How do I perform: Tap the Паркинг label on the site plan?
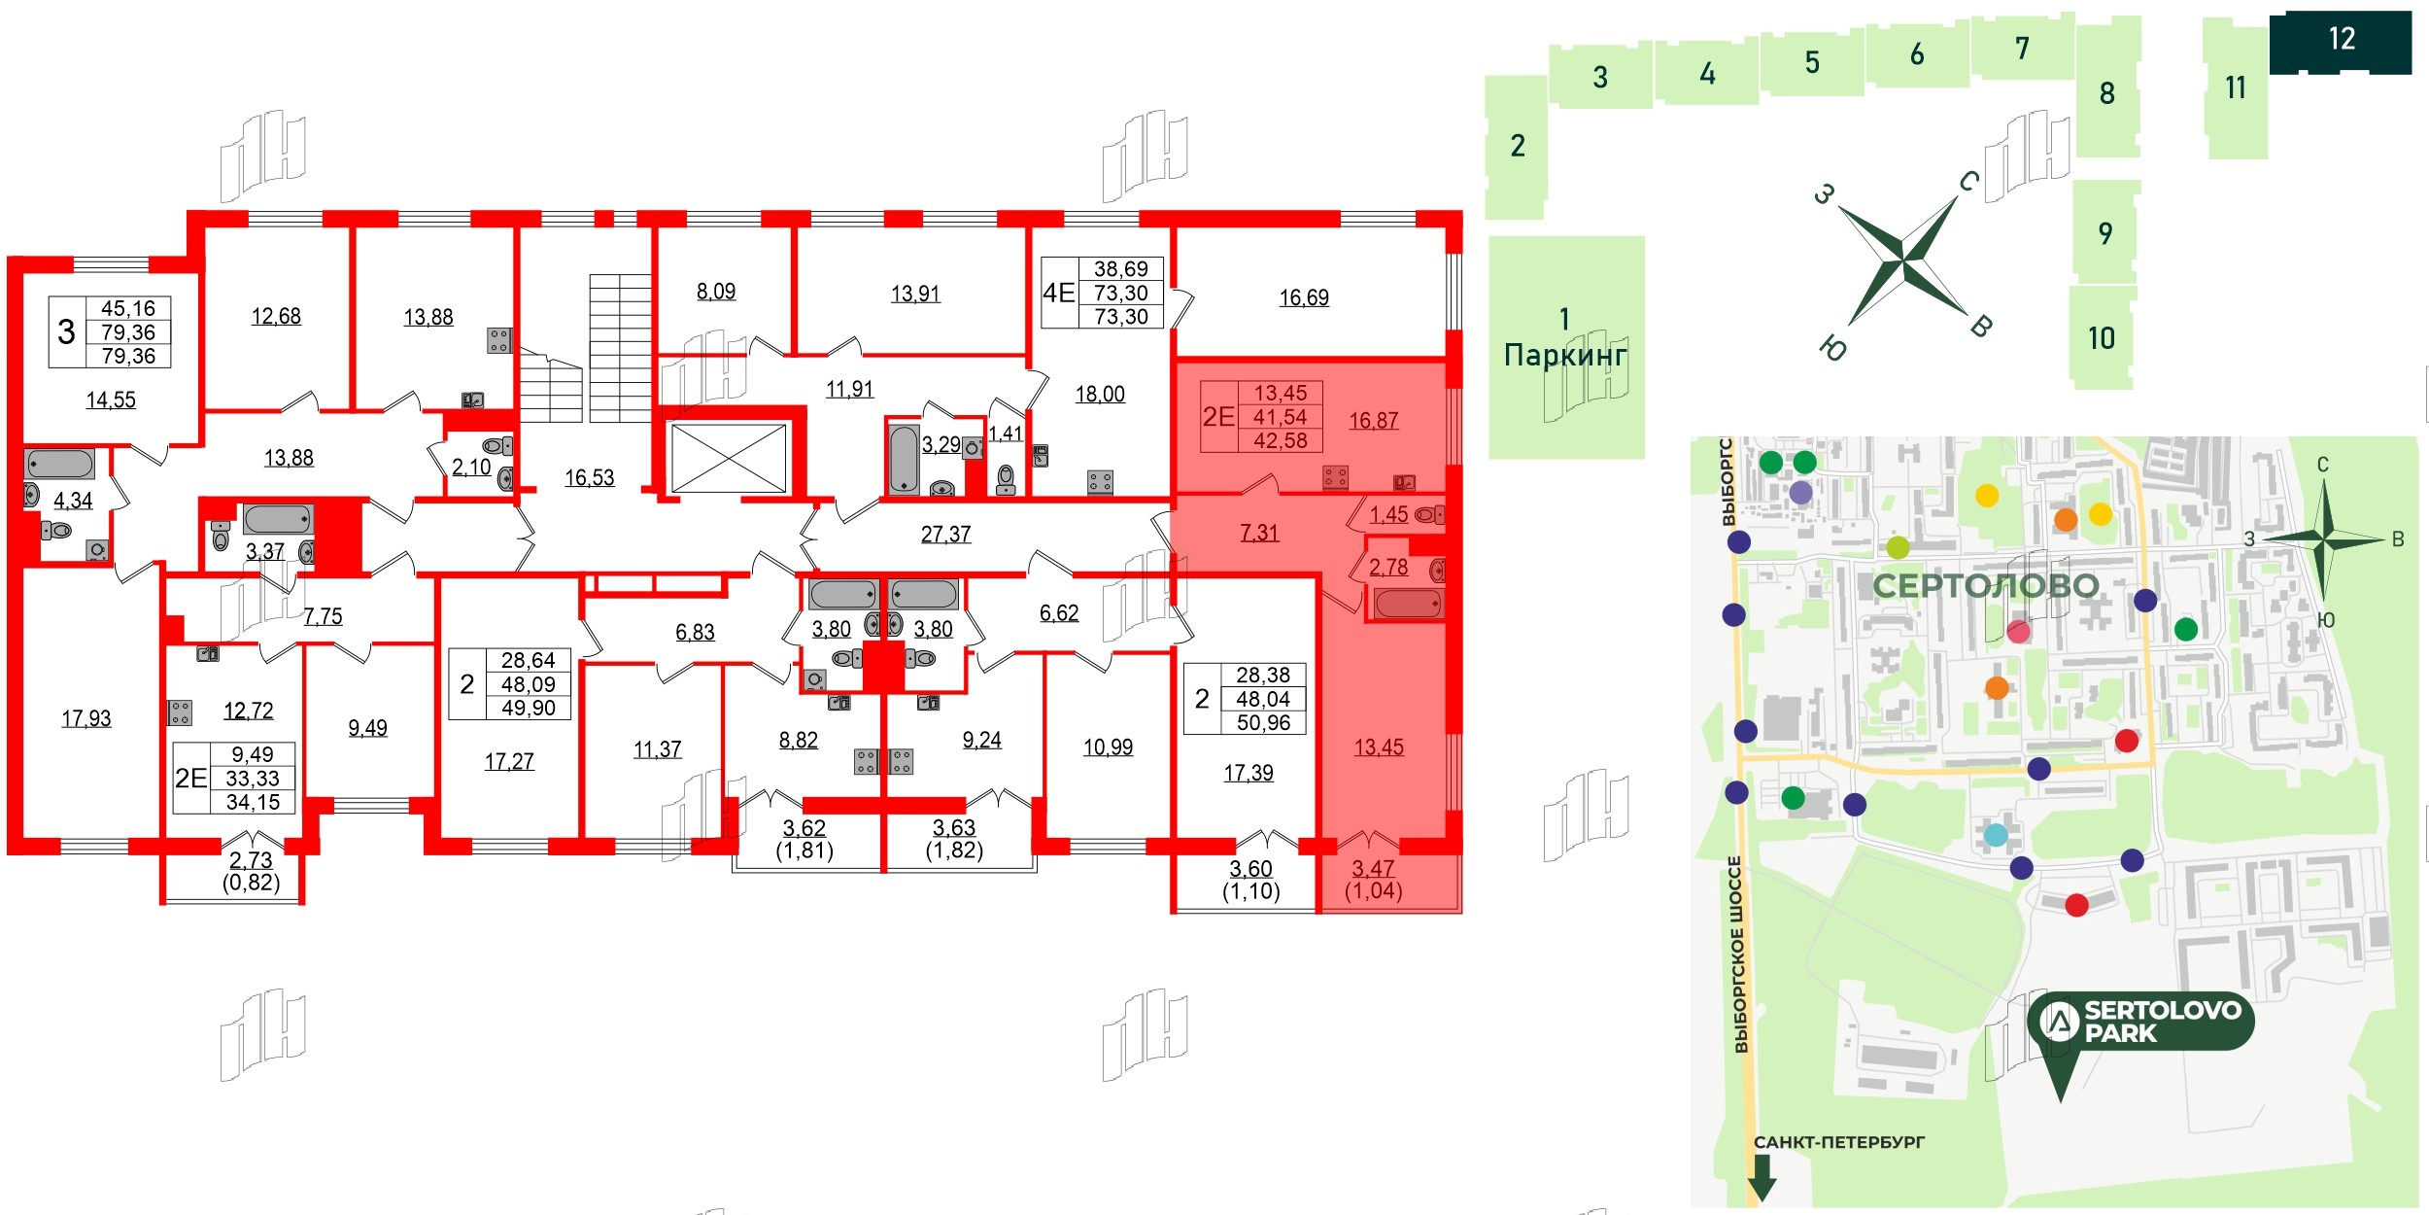tap(1564, 355)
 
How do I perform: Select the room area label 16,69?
tap(1304, 297)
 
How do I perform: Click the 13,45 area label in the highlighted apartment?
tap(1379, 747)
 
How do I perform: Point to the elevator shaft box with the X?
tap(729, 458)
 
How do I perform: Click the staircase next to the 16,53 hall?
tap(619, 348)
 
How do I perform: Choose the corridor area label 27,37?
tap(945, 534)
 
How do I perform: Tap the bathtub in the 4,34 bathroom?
tap(60, 464)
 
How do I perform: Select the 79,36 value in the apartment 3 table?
tap(128, 332)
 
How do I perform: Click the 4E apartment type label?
tap(1058, 293)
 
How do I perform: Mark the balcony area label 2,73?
tap(251, 860)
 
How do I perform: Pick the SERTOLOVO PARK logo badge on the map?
tap(2140, 1023)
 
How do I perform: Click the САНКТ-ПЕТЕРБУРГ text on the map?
tap(1838, 1142)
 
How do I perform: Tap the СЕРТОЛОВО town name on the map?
tap(1985, 586)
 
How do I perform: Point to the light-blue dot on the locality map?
tap(1996, 835)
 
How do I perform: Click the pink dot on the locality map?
tap(2018, 632)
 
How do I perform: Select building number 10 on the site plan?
tap(2101, 338)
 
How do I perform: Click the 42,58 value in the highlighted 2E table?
tap(1281, 441)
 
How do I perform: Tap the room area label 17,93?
tap(86, 718)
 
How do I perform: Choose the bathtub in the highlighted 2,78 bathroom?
tap(1407, 605)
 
